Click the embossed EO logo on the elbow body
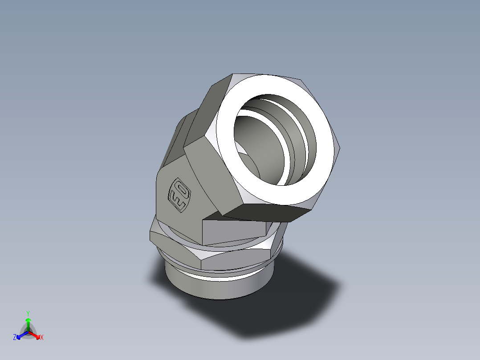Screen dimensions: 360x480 coord(179,196)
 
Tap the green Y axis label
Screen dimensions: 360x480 coord(28,313)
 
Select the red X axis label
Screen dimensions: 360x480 coord(42,338)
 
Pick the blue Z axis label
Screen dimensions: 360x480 coord(15,338)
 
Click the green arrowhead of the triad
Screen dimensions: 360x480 coord(28,320)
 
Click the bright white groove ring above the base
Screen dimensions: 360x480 coord(223,277)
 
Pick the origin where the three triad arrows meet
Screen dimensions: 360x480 coord(28,332)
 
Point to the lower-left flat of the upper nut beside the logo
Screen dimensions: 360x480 coord(209,178)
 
